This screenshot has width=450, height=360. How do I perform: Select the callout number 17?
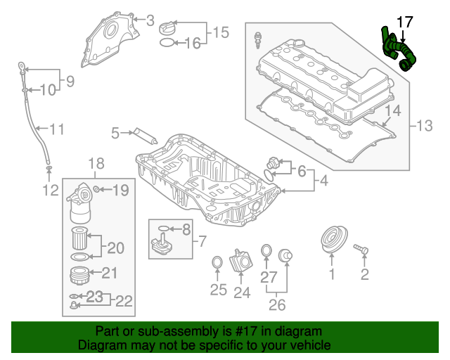[x=405, y=22]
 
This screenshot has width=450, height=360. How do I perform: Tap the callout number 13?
[x=426, y=126]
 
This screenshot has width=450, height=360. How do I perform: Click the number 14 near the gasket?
[x=392, y=110]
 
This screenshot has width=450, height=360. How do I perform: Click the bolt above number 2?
[x=363, y=248]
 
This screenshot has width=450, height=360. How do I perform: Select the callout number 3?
[x=149, y=21]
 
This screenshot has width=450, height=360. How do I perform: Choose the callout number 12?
[x=49, y=190]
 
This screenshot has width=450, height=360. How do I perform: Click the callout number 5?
[x=115, y=131]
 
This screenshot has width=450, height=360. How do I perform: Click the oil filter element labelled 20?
[x=79, y=238]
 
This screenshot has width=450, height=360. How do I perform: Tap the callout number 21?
[x=110, y=273]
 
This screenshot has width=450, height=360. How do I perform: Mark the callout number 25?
[x=219, y=289]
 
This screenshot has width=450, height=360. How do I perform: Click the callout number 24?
[x=242, y=292]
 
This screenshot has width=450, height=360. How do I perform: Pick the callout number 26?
[x=278, y=304]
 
